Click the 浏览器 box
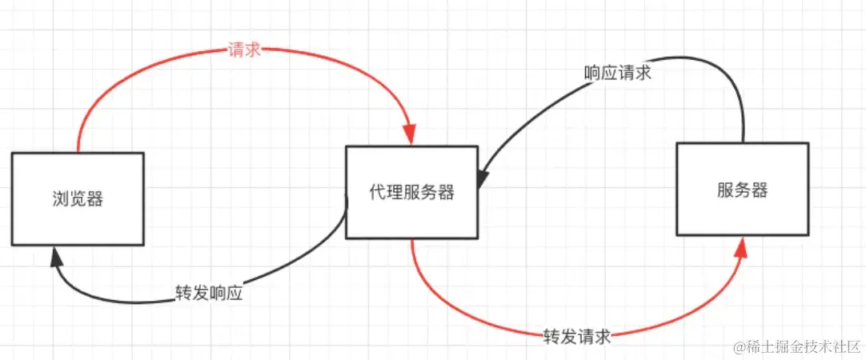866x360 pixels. click(x=78, y=199)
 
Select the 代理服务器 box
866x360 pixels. click(x=411, y=192)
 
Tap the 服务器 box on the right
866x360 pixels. click(x=742, y=190)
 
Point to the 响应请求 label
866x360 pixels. click(x=617, y=73)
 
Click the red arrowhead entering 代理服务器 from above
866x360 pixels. click(x=411, y=134)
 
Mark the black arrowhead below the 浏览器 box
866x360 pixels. click(x=57, y=257)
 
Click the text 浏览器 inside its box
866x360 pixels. click(x=78, y=199)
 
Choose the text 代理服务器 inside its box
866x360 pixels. click(x=411, y=192)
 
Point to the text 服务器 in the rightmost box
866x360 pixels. click(x=742, y=190)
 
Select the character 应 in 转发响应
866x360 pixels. click(x=234, y=293)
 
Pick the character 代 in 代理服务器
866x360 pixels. click(x=378, y=192)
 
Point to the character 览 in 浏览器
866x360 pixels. click(x=78, y=199)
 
